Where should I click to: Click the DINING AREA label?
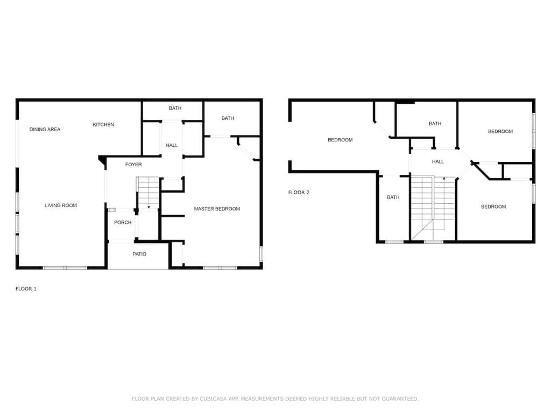(x=45, y=129)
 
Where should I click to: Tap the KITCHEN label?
(x=103, y=124)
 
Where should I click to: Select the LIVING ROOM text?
(x=61, y=205)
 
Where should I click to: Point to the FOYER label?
(x=133, y=165)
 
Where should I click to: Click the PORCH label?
(x=123, y=222)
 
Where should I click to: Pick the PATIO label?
(x=139, y=254)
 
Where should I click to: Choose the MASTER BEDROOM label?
(x=217, y=209)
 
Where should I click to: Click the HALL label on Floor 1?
(x=172, y=145)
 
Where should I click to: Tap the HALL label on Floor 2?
(x=438, y=161)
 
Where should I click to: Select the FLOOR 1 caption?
(x=26, y=289)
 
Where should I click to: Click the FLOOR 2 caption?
(x=299, y=192)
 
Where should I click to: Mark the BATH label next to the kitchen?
(x=175, y=108)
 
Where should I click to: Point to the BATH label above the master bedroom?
(x=228, y=118)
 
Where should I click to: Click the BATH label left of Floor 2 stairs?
(x=393, y=197)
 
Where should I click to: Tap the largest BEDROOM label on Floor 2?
(x=340, y=140)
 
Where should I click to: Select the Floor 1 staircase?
(x=149, y=193)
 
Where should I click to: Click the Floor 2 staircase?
(x=433, y=208)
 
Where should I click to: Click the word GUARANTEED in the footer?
(x=400, y=398)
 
